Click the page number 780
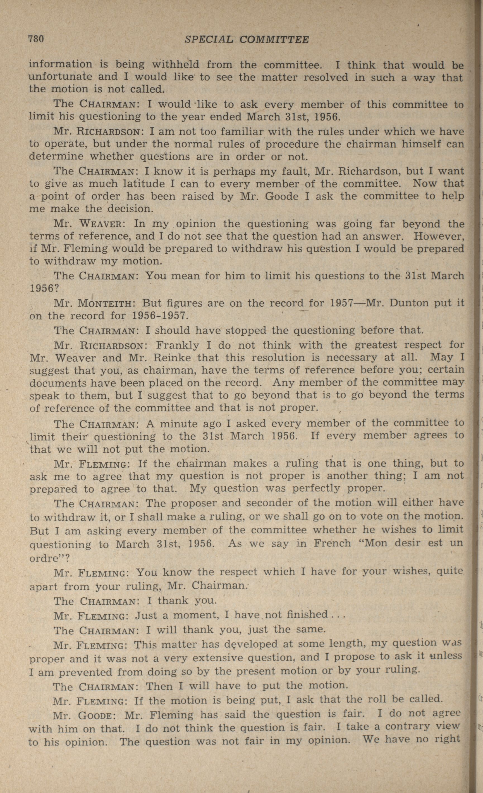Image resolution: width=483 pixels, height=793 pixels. coord(36,39)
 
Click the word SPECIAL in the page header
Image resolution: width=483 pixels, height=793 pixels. coord(208,40)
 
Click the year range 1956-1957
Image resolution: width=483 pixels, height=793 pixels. coord(159,315)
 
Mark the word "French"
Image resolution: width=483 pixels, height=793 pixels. coord(332,544)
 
